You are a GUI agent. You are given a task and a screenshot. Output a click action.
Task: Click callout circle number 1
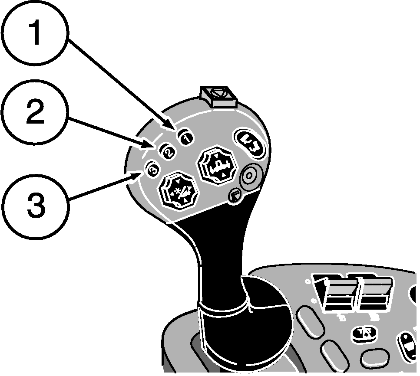tap(35, 34)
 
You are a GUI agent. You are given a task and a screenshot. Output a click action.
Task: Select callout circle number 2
tap(35, 114)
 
